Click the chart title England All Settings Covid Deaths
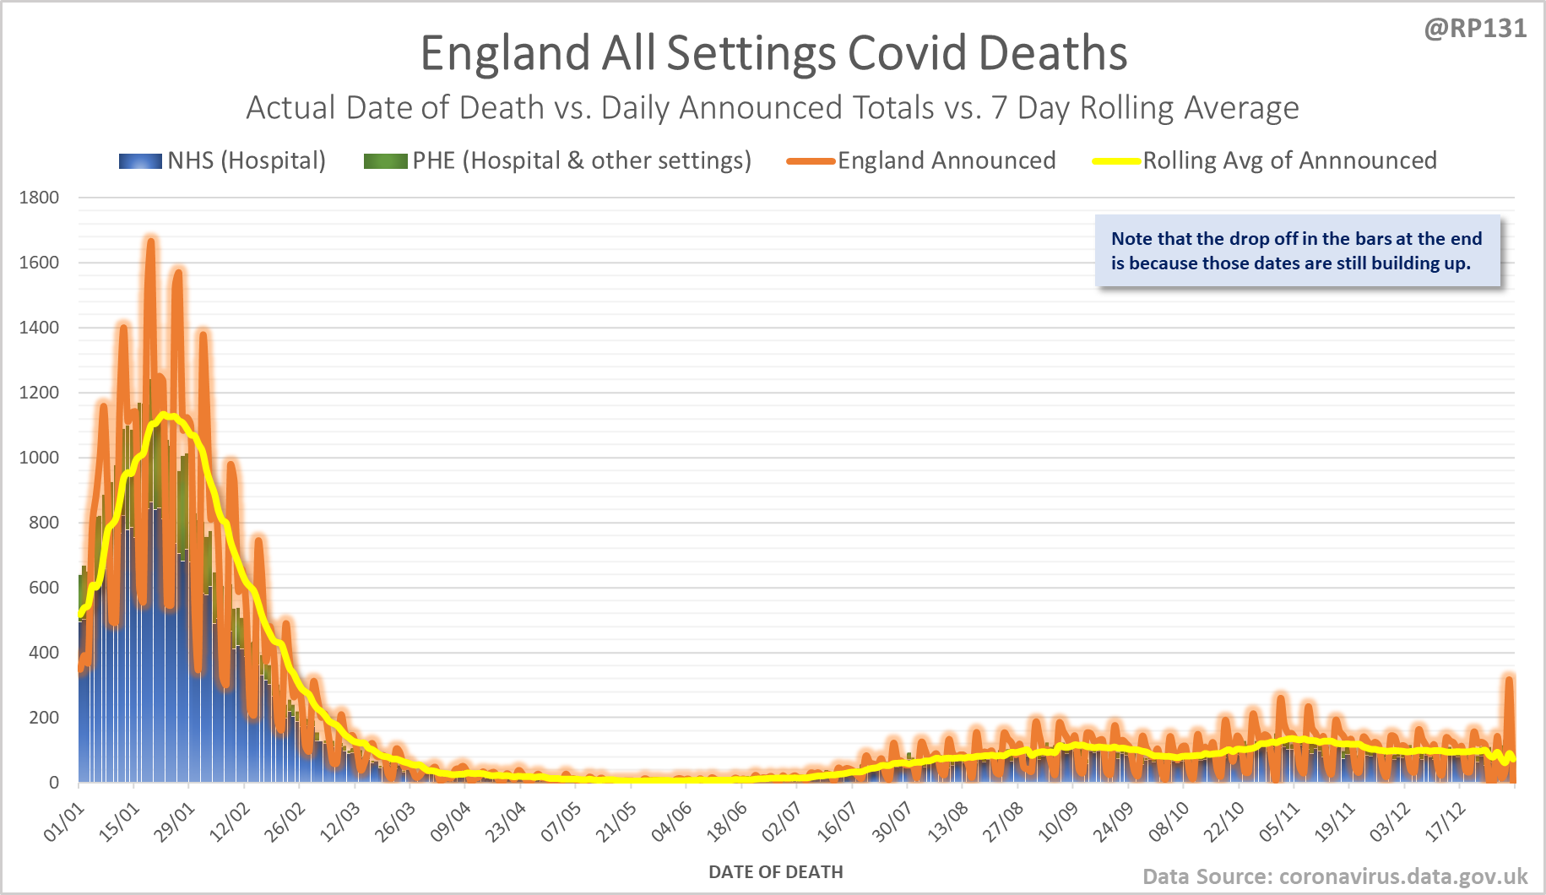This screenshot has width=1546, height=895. pos(773,53)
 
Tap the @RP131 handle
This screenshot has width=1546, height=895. pos(1475,29)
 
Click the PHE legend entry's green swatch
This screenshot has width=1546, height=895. pos(385,161)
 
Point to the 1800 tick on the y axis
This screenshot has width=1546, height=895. pos(39,198)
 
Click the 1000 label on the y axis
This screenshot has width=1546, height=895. pos(39,458)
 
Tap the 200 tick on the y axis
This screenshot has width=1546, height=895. pos(44,718)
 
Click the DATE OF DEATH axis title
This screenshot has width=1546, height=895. pos(775,872)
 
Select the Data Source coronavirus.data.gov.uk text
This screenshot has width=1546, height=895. pos(1335,876)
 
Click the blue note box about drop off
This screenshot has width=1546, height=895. pos(1297,251)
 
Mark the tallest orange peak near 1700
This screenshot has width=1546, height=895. pos(150,242)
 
